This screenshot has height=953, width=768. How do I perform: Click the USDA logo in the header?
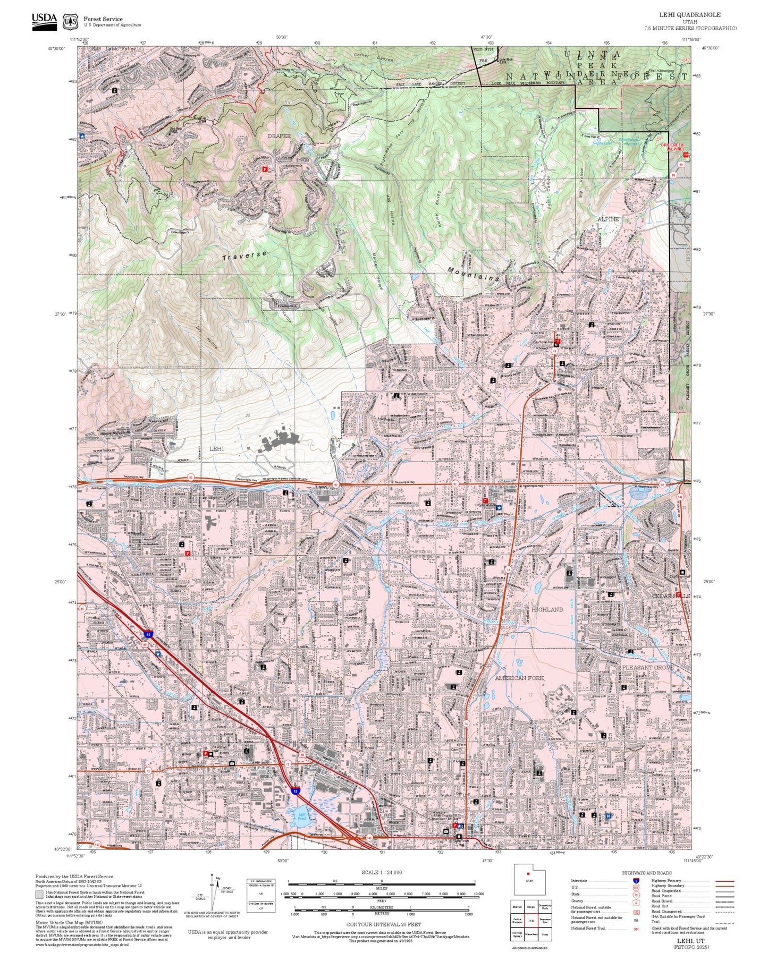pyautogui.click(x=44, y=20)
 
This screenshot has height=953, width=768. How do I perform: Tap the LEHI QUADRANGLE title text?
pyautogui.click(x=698, y=15)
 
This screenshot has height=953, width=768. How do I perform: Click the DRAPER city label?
pyautogui.click(x=279, y=136)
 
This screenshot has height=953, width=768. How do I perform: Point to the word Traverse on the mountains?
pyautogui.click(x=244, y=256)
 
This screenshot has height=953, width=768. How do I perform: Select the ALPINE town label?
pyautogui.click(x=608, y=219)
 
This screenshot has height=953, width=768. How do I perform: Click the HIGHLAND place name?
pyautogui.click(x=547, y=609)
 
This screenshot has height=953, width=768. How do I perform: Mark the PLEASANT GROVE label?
pyautogui.click(x=648, y=667)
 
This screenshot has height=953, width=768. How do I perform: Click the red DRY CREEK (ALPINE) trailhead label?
pyautogui.click(x=672, y=147)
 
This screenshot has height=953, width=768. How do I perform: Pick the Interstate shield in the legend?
pyautogui.click(x=636, y=881)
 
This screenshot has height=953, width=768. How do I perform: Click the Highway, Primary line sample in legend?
pyautogui.click(x=724, y=881)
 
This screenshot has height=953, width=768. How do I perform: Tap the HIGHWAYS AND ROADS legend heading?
pyautogui.click(x=647, y=873)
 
